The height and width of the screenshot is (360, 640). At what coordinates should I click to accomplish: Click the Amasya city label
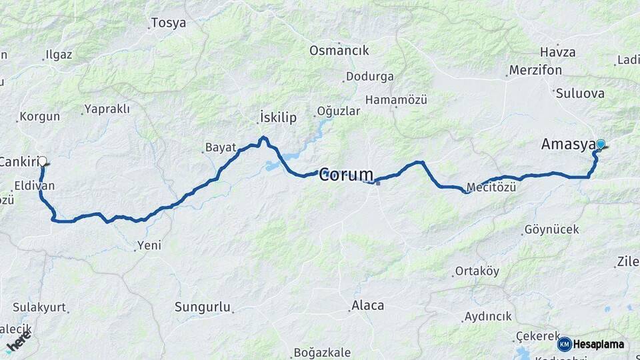[x=567, y=145]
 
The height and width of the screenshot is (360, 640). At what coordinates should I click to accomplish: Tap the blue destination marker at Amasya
[x=601, y=144]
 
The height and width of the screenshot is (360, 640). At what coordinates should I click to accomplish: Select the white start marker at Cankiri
[x=43, y=161]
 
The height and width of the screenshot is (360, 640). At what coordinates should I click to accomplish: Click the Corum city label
[x=346, y=175]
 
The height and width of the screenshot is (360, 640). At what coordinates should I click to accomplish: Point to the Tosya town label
[x=168, y=23]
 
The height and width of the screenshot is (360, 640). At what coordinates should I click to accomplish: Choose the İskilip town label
[x=277, y=118]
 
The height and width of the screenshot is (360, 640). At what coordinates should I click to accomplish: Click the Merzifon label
[x=535, y=70]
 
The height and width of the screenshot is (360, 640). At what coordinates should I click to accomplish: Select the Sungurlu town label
[x=202, y=307]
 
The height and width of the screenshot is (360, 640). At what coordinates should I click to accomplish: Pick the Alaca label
[x=368, y=305]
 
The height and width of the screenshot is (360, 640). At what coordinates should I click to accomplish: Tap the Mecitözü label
[x=491, y=188]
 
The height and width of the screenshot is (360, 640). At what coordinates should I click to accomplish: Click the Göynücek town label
[x=551, y=230]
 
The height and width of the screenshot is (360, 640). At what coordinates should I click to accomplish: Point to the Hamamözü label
[x=395, y=100]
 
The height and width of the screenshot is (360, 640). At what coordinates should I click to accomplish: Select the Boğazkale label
[x=323, y=353]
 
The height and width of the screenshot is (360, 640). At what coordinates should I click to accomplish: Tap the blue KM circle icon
[x=564, y=344]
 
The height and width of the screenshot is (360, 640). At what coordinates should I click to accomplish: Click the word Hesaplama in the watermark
[x=598, y=345]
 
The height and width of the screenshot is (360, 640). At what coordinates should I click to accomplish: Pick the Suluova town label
[x=579, y=93]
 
